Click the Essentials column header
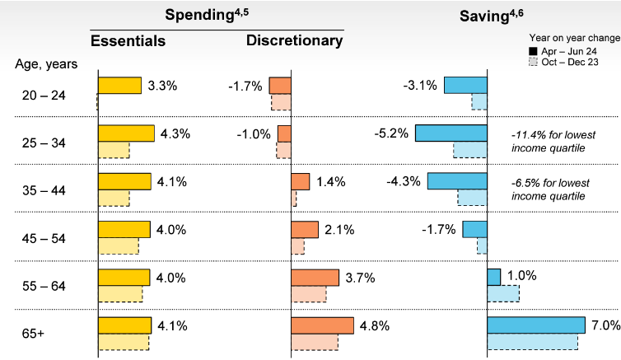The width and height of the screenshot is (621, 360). click(128, 41)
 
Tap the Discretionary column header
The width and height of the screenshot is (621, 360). click(294, 40)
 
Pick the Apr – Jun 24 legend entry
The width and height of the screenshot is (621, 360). click(567, 51)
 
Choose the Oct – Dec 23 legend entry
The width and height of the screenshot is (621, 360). click(567, 63)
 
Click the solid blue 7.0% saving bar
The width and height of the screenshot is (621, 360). click(536, 325)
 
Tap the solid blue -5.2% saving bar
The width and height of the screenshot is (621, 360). click(451, 133)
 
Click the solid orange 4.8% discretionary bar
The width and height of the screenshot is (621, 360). click(322, 325)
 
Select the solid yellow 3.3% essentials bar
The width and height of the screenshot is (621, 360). click(119, 86)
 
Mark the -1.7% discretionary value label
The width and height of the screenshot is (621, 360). click(245, 86)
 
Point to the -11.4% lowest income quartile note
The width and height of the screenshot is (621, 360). click(553, 141)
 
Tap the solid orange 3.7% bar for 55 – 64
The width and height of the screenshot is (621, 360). click(315, 278)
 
